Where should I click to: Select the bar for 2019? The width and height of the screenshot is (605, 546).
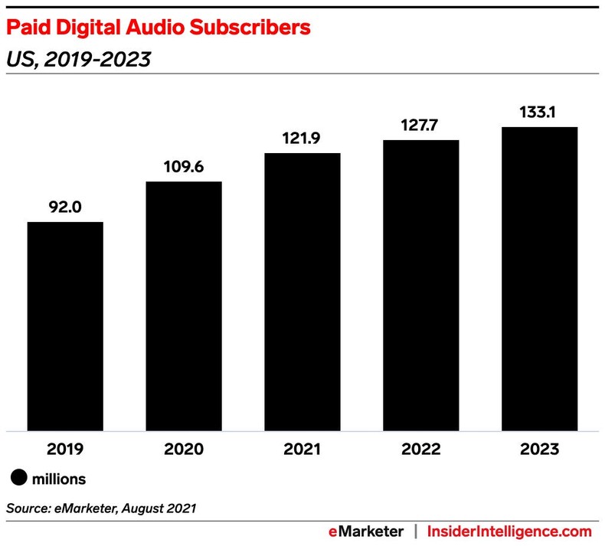[65, 326]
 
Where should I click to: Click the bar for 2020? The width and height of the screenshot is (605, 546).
[184, 306]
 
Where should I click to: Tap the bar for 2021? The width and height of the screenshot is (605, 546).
[302, 292]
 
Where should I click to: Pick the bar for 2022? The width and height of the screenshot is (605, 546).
[420, 286]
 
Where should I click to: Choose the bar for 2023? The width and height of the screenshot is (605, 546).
[539, 279]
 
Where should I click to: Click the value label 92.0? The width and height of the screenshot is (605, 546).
[65, 207]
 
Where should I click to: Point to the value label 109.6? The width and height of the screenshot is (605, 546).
[184, 166]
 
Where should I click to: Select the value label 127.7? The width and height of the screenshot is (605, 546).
[420, 125]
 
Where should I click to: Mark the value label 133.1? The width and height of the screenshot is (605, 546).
[539, 112]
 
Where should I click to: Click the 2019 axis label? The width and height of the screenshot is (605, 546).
[65, 450]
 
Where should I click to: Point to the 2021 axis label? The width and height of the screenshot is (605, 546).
[302, 450]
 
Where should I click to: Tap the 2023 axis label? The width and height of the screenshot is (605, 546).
[539, 450]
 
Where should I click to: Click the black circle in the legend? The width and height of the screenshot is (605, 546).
[18, 479]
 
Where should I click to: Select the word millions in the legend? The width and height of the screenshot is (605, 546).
[59, 479]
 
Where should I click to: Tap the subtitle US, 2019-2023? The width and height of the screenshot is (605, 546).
[78, 59]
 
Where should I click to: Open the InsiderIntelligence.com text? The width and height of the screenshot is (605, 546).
[509, 531]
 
